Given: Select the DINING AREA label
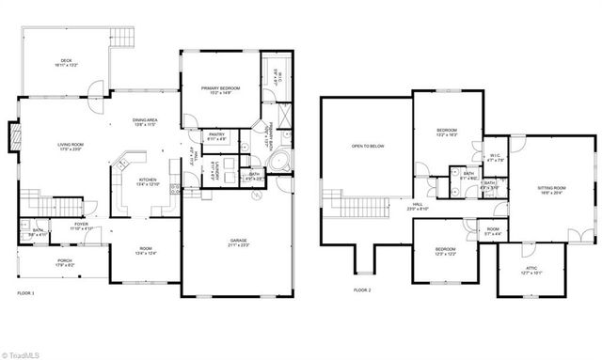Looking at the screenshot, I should click(x=145, y=121).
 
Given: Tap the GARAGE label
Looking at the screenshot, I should click(x=238, y=242).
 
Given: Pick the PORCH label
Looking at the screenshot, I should click(x=65, y=262).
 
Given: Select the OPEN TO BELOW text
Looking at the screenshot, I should click(x=367, y=146).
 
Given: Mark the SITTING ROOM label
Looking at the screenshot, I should click(x=550, y=191).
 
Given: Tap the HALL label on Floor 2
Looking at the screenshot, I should click(x=417, y=204).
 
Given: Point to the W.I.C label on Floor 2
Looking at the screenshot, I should click(x=496, y=157).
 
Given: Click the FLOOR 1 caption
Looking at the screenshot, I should click(x=25, y=293).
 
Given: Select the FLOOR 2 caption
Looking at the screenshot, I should click(x=363, y=291).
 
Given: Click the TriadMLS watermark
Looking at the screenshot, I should click(x=24, y=353).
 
